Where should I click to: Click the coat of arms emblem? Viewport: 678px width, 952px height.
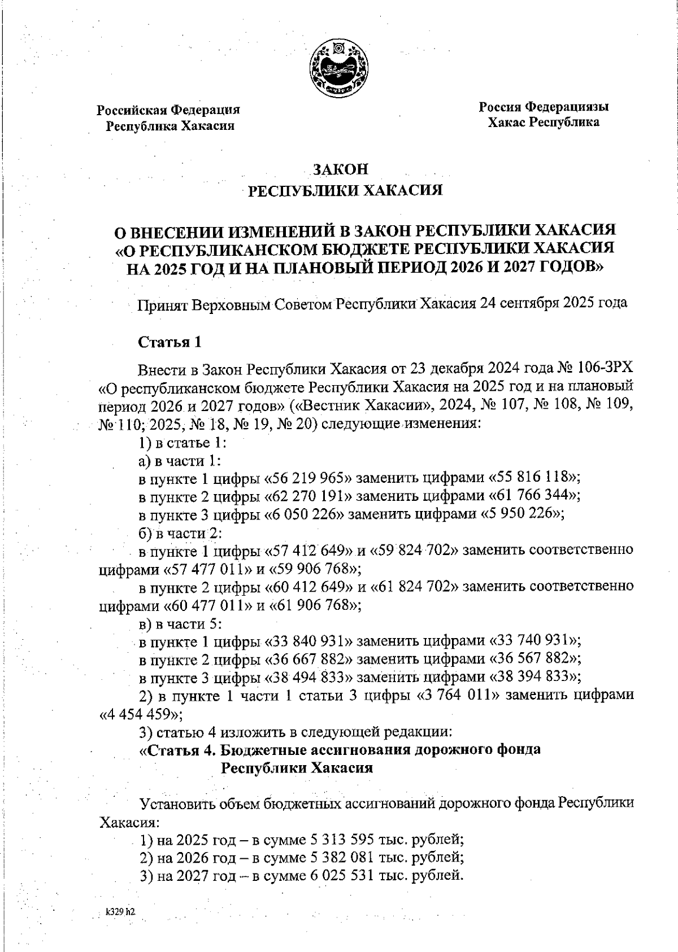coord(339,67)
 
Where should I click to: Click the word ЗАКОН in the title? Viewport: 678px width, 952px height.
coord(341,169)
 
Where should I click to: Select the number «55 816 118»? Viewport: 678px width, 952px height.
coord(534,477)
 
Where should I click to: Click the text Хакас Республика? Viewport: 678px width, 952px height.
coord(544,122)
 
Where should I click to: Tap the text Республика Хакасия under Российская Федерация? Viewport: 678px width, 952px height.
coord(171,125)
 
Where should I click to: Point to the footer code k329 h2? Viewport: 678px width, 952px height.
coord(120,912)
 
